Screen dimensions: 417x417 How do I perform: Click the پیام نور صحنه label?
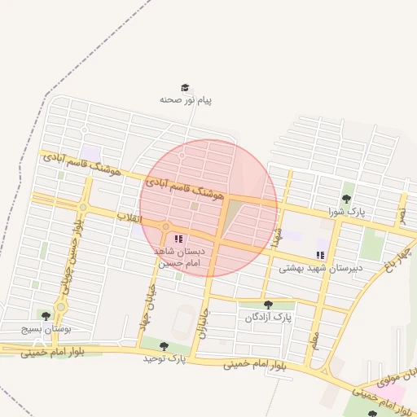point(186,100)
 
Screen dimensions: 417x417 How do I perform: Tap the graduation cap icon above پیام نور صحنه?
point(185,88)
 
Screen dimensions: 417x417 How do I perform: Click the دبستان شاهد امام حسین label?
point(177,258)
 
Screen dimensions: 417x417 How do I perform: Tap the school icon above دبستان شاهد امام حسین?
point(178,239)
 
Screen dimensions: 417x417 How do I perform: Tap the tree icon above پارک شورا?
point(346,198)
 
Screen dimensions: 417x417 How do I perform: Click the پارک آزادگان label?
point(268,316)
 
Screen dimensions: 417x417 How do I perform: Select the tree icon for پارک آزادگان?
point(268,305)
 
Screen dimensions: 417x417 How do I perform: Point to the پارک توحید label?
point(165,358)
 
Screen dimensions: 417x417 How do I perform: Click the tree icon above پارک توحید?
point(164,346)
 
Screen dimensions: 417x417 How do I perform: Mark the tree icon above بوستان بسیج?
point(45,315)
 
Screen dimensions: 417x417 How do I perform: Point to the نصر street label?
point(401,213)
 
